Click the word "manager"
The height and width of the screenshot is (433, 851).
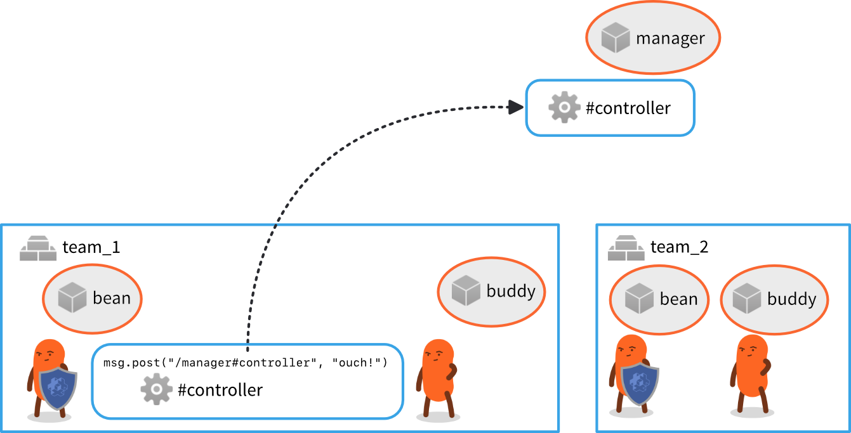pos(670,39)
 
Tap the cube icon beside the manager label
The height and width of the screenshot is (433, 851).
pos(615,38)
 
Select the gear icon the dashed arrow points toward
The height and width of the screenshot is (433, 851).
pos(564,107)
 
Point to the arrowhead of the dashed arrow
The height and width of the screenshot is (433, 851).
pos(517,107)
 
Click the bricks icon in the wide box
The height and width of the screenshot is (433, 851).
pos(38,249)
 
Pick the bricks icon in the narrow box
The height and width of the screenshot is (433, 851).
pos(626,249)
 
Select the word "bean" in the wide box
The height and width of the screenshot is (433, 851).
pos(112,298)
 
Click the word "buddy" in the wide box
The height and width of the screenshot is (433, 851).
pos(511,291)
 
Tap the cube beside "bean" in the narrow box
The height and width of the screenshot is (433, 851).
pos(639,299)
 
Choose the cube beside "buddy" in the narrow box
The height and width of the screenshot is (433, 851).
pos(746,299)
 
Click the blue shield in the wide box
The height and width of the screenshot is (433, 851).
pos(58,388)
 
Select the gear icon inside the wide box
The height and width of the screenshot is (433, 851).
pos(156,389)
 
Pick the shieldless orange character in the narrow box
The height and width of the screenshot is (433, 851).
pos(751,371)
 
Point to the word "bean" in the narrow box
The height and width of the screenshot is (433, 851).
pos(678,299)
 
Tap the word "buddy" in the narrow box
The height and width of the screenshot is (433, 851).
pos(791,299)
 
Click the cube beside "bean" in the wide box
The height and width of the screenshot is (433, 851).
pos(72,298)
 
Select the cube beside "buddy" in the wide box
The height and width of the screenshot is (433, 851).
pos(466,290)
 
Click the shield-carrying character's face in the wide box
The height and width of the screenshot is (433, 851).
pos(48,354)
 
